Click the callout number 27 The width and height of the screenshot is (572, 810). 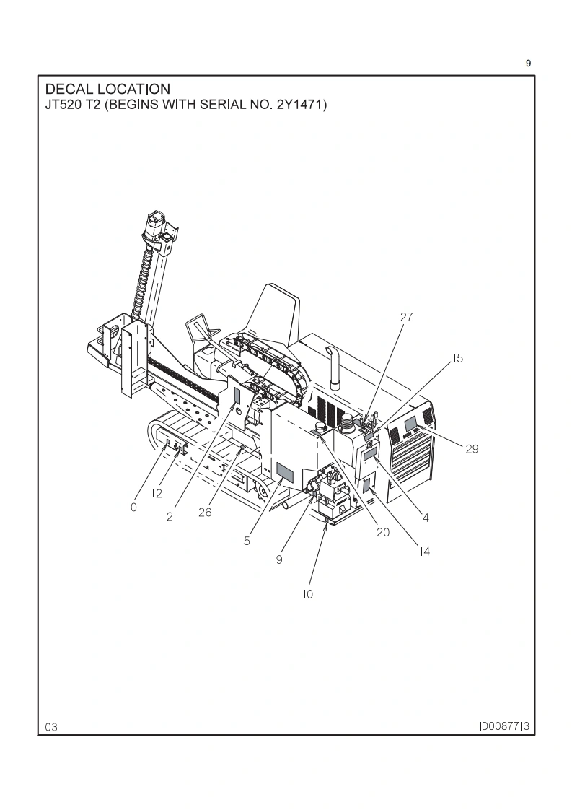click(406, 317)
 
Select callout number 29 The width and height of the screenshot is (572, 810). click(472, 449)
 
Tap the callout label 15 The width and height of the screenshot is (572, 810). click(459, 358)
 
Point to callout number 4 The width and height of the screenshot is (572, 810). click(426, 518)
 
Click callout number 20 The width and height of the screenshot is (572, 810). click(383, 532)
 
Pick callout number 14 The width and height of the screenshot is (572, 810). click(424, 552)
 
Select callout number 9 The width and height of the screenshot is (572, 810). click(279, 559)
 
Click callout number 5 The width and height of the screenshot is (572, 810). click(247, 541)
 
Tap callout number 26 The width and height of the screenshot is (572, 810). click(205, 513)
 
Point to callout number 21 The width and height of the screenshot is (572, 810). click(172, 516)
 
